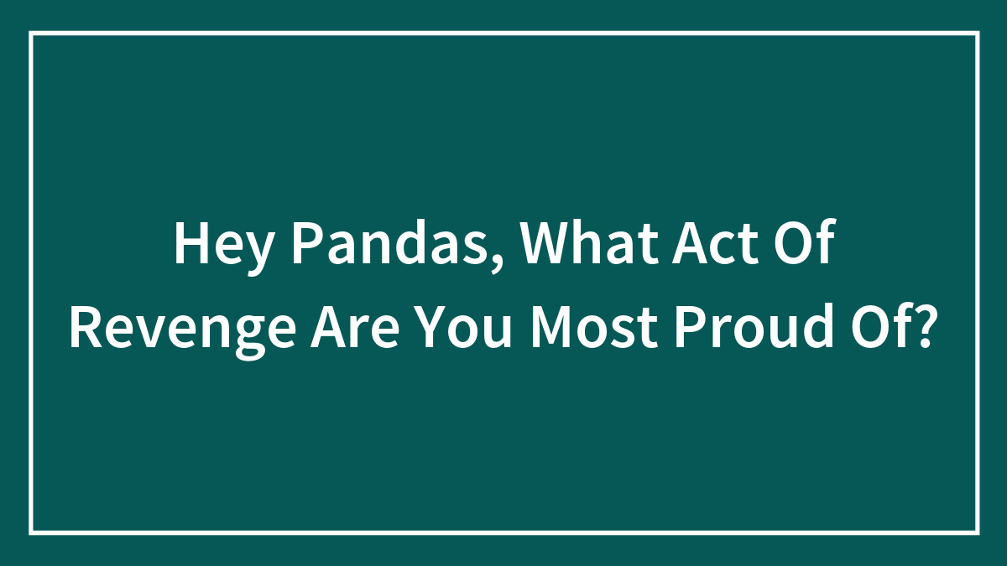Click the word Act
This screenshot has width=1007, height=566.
(713, 245)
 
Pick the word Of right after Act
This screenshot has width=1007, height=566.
(805, 245)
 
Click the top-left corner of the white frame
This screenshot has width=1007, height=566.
(31, 34)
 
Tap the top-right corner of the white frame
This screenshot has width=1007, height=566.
(977, 34)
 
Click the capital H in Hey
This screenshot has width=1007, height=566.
(189, 245)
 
